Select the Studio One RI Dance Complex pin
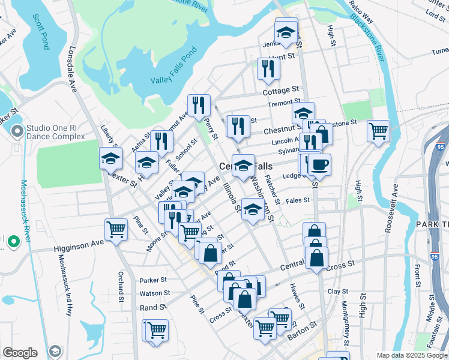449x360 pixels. tap(17, 131)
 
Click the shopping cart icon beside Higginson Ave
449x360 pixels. tap(116, 229)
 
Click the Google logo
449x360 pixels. tap(20, 353)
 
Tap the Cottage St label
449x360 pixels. tap(281, 91)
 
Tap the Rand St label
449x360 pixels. tap(154, 307)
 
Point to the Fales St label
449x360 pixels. tap(298, 200)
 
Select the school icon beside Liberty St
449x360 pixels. tap(110, 159)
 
